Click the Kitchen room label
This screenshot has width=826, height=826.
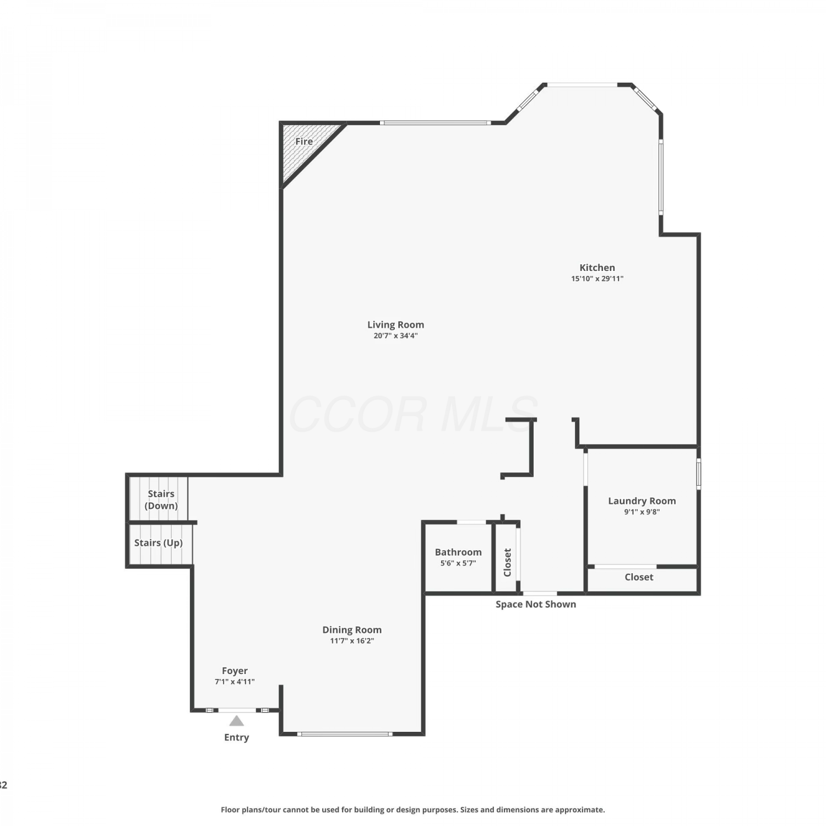coord(597,268)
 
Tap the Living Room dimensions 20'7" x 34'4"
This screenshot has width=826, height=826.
coord(395,336)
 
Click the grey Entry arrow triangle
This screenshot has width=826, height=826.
coord(236,721)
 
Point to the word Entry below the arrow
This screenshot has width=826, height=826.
coord(236,737)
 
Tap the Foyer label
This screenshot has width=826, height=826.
coord(235,671)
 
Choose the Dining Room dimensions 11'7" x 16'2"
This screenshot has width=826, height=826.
coord(352,641)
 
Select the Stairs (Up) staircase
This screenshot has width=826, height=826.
coord(160,544)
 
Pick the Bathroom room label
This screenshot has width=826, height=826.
coord(458,552)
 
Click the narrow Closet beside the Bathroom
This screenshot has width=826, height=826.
coord(507,558)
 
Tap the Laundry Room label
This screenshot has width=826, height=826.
coord(642,501)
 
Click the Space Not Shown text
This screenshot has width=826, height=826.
coord(536,604)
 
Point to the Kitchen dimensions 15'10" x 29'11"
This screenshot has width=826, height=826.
coord(597,279)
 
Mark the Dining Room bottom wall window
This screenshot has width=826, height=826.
coord(345,733)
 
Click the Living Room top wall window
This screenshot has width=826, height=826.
coord(435,123)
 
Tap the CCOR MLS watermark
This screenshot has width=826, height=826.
coord(413,414)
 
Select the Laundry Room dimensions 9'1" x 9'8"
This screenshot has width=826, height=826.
coord(642,512)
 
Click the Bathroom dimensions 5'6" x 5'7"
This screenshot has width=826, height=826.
coord(458,563)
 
